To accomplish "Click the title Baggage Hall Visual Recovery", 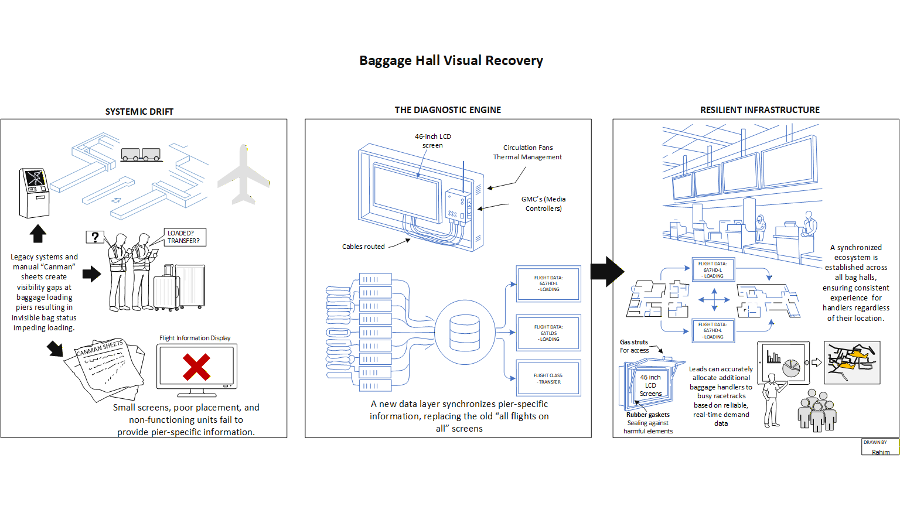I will coord(451,61).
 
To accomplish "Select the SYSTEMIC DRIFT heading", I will coord(139,111).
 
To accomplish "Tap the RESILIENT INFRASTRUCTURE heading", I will coord(760,110).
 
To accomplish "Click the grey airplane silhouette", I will coord(244,175).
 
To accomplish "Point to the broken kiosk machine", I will coord(34,193).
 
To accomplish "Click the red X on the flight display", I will coord(196,367).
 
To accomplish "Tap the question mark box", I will coord(95,237).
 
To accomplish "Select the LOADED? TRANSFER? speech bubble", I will coord(184,237).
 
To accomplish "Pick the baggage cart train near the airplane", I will coord(141,155).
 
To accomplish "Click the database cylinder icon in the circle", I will coord(465,333).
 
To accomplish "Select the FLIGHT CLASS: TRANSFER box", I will coord(548,378).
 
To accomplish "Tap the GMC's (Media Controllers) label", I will coord(543,204).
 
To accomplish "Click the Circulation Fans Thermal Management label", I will coord(527,152).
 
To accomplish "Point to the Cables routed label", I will coord(363,247).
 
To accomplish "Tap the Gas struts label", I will coord(634,342).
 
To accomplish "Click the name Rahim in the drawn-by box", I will coord(880,452).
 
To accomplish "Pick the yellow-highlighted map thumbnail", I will coord(852,363).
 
